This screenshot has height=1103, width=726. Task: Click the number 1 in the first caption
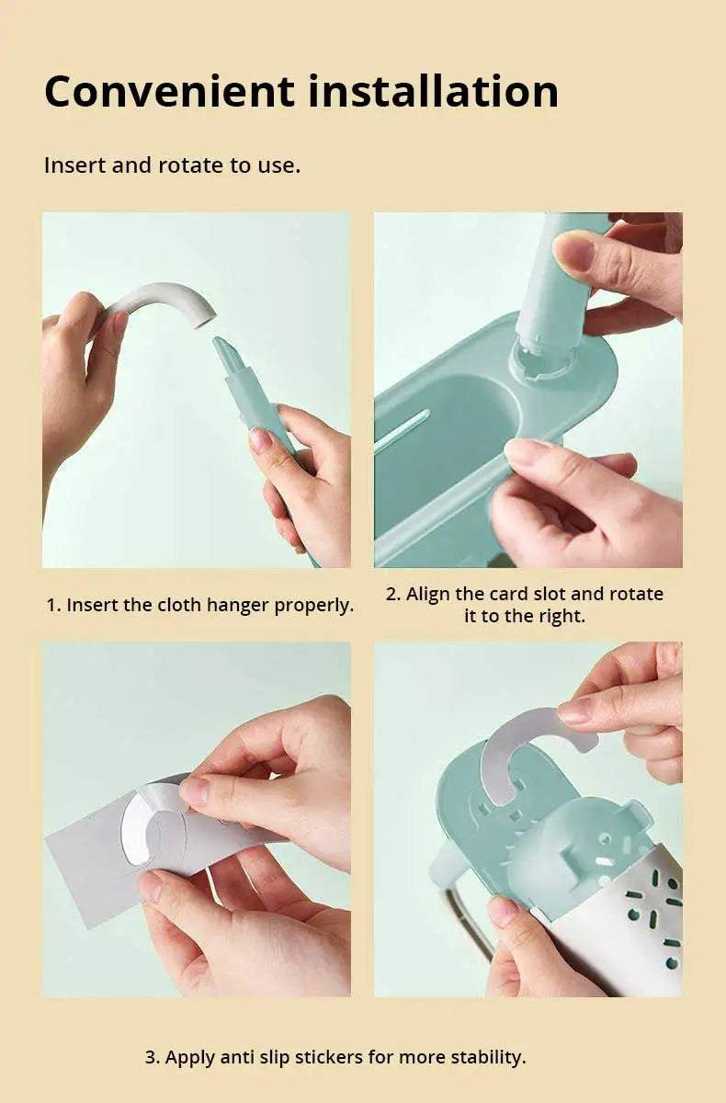point(51,605)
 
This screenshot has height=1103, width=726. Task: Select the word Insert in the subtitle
point(74,165)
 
